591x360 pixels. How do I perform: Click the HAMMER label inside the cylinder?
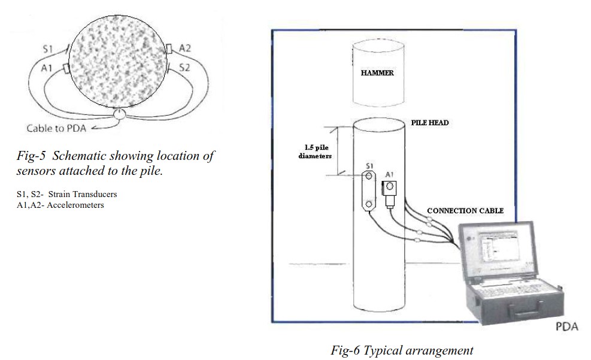click(377, 73)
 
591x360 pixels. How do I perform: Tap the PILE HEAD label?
click(429, 123)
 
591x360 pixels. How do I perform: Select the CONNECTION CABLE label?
click(465, 211)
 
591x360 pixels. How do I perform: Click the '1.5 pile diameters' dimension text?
click(315, 152)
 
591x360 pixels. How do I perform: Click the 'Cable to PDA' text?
click(57, 128)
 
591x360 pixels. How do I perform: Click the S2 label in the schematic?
click(184, 68)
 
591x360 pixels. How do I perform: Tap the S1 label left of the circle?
click(48, 48)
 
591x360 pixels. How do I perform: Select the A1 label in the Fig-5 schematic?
click(47, 69)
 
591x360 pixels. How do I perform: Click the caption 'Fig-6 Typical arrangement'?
click(402, 350)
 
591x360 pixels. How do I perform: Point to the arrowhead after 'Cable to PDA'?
click(92, 128)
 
